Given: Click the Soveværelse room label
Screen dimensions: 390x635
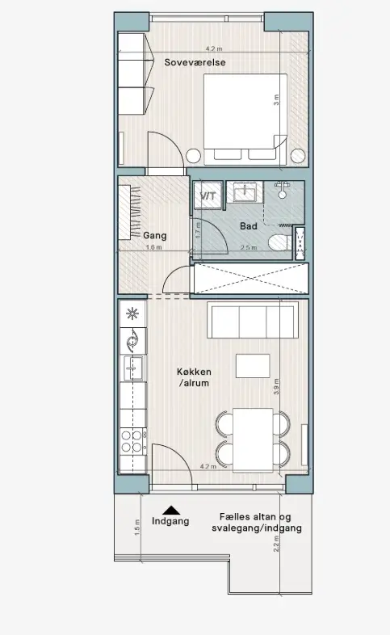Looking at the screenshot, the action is click(195, 62).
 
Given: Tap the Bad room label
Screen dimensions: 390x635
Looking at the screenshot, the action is click(249, 226).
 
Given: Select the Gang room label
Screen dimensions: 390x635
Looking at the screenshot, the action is click(155, 236).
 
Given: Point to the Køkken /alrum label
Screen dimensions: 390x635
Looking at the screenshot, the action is click(194, 377).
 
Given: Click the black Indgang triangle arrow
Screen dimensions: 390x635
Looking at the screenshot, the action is click(171, 511).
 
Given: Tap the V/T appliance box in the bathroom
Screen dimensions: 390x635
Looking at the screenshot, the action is click(208, 196).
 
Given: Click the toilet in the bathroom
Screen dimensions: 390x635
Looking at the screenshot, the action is click(280, 242).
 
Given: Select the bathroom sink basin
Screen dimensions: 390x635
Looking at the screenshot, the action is click(245, 192).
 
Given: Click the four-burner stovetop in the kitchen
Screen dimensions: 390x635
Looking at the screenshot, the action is click(133, 441).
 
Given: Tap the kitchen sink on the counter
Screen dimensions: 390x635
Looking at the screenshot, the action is click(133, 368).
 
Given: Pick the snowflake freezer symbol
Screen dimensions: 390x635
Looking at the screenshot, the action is click(132, 313).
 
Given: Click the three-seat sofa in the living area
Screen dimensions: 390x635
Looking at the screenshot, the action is click(253, 320).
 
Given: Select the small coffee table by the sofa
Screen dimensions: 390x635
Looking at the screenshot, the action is click(253, 366).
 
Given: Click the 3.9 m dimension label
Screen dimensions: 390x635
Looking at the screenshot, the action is click(276, 387).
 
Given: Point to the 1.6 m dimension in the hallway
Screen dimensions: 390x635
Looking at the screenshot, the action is click(153, 247).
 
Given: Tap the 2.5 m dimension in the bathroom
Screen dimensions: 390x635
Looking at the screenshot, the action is click(249, 247).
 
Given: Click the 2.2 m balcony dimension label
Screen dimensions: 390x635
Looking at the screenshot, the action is click(276, 544).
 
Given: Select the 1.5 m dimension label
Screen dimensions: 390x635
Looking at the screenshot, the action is click(136, 528).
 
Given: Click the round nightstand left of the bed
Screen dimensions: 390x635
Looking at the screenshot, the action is click(193, 156).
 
